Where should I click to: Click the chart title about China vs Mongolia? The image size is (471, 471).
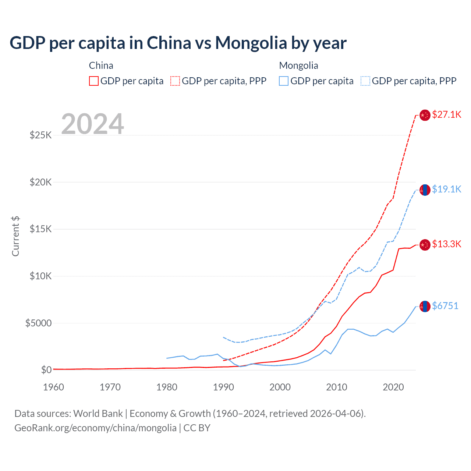coord(178,43)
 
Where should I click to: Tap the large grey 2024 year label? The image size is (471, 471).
coord(92,124)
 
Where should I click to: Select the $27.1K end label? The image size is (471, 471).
coord(446,114)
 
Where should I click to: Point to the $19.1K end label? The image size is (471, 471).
coord(446,189)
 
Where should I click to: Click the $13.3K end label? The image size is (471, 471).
coord(446,244)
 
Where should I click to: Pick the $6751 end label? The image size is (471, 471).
coord(445,306)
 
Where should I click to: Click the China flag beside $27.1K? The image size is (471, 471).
coord(425,115)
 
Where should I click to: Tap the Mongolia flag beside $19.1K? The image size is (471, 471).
coord(425,190)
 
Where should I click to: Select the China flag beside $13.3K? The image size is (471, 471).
coord(425,245)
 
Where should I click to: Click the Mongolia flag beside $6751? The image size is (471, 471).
coord(425,306)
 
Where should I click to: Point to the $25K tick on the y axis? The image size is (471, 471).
coord(41,135)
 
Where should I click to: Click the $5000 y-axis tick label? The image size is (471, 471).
coord(38,323)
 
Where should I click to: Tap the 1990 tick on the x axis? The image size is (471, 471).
coord(223,387)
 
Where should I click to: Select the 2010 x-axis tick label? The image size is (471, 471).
coord(337,387)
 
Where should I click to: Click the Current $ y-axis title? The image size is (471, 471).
coord(15,236)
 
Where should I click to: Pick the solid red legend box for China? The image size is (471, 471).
coord(94,81)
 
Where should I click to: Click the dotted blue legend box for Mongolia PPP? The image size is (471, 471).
coord(365,81)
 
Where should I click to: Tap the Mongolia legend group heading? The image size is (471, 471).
coord(298,65)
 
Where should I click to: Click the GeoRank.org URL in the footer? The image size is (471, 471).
coord(95,428)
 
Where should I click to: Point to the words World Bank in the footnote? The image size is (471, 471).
coord(98,414)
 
